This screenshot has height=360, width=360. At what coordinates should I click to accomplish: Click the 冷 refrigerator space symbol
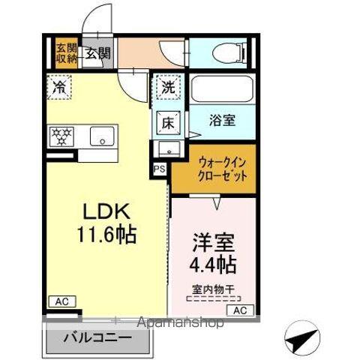point(59,87)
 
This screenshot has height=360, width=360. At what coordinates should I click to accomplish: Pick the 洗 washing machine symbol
point(169,87)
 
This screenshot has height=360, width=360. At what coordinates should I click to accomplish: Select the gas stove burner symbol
point(61,136)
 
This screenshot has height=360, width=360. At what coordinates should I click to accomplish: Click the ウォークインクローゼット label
point(222,171)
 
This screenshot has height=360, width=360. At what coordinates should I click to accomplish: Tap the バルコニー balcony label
point(98,337)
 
